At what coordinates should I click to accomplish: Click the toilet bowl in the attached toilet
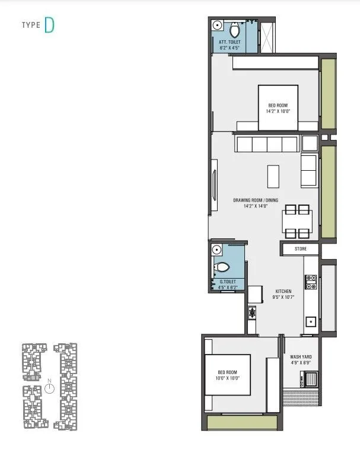pos(234,29)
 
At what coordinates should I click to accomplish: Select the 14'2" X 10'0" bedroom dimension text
pos(277,111)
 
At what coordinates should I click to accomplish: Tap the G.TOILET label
pos(228,282)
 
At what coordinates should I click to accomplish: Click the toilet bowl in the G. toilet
pos(222,267)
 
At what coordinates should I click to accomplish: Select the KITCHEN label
pos(283,291)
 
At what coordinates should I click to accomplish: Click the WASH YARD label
pos(301,357)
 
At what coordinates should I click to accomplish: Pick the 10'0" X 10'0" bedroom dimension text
pos(227,378)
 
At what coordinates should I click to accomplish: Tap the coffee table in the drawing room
pos(273,175)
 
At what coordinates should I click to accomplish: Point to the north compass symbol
pos(50,388)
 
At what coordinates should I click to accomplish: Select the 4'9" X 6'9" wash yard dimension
pos(301,363)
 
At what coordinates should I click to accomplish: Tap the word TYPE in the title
pos(31,25)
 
